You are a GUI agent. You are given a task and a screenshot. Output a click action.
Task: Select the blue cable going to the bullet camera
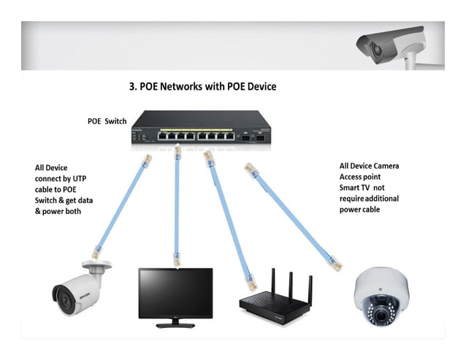click(x=121, y=205)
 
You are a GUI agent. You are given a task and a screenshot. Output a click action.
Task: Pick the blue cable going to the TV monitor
click(x=176, y=204)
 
